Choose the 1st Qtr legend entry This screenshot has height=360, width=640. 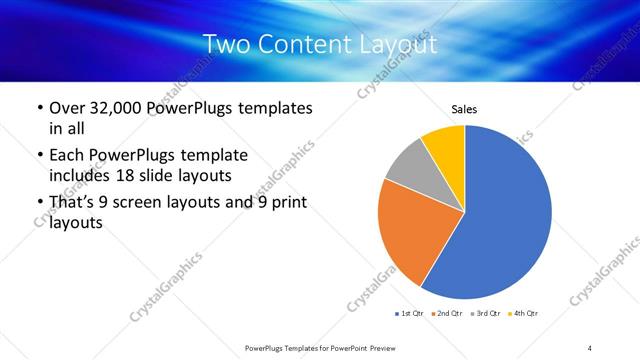(x=410, y=313)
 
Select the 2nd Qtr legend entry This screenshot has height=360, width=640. (x=447, y=313)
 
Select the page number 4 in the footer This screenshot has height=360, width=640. (x=590, y=347)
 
